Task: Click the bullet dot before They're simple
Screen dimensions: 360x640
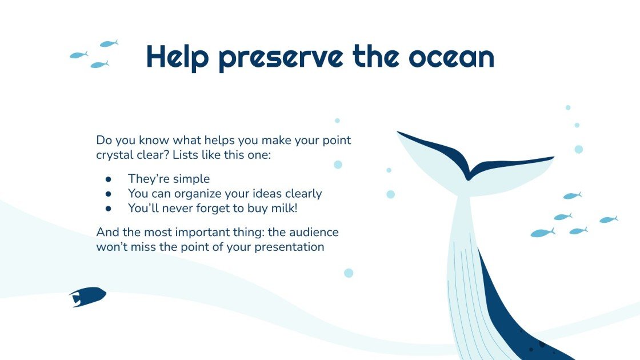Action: [x=108, y=179]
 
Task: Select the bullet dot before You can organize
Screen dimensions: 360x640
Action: [x=108, y=194]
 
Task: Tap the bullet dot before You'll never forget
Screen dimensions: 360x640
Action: [x=108, y=209]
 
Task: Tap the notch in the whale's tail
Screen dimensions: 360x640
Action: [x=469, y=175]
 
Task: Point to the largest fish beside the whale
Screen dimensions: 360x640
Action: [x=542, y=233]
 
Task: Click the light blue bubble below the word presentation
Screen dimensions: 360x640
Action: [x=349, y=273]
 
